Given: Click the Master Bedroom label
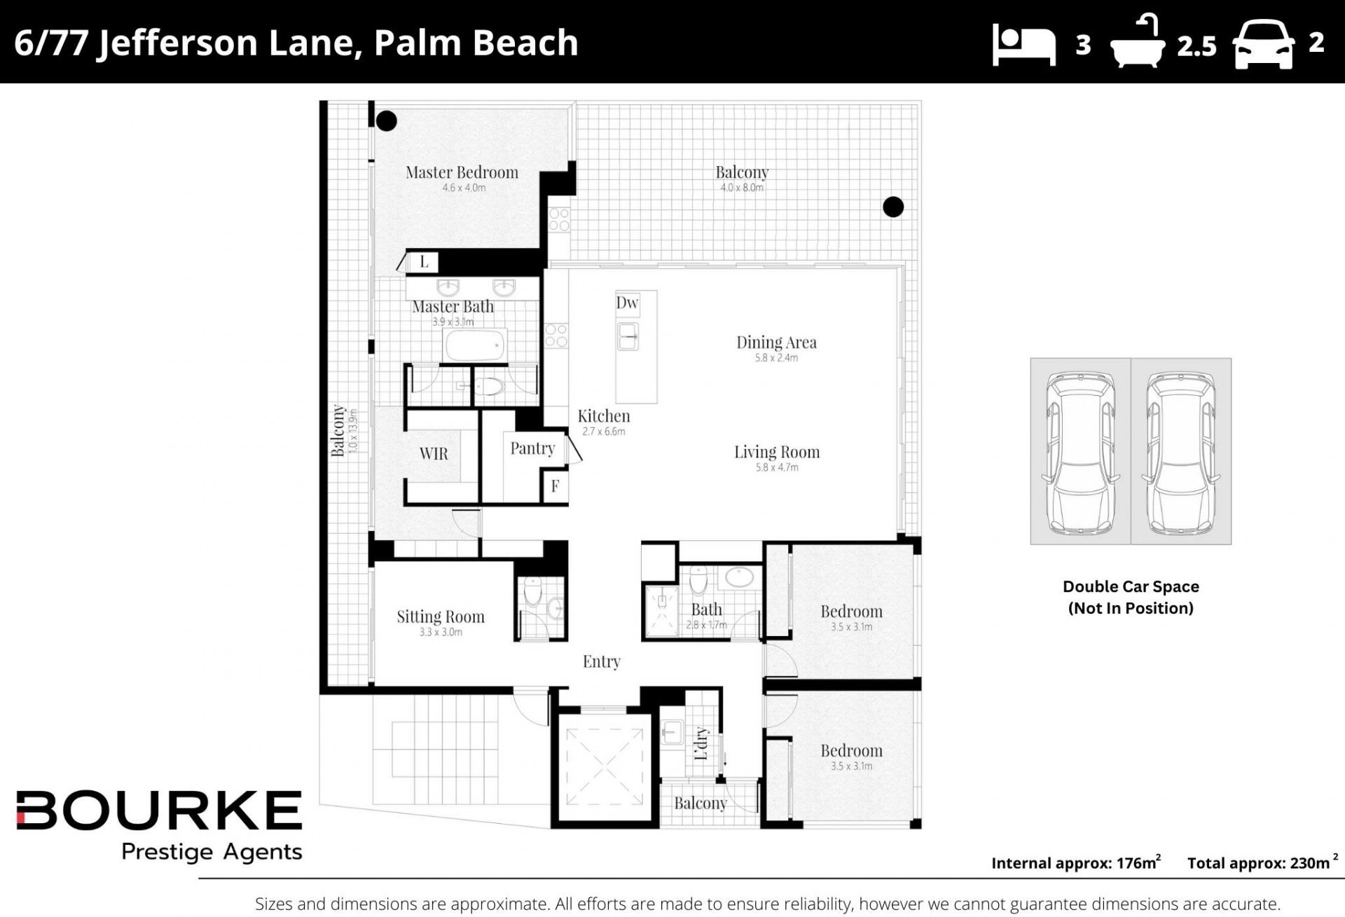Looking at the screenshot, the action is click(x=462, y=172).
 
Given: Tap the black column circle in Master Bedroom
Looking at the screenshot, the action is click(x=386, y=120).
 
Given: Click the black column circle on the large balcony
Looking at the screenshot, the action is click(x=893, y=207).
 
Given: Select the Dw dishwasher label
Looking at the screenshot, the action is click(x=627, y=303).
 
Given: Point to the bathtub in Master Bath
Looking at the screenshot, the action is click(x=475, y=345).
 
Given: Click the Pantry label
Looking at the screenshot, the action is click(x=532, y=448).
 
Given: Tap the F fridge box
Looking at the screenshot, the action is click(x=555, y=485).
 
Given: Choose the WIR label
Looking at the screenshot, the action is click(x=434, y=454).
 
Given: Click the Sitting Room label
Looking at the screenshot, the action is click(x=441, y=616).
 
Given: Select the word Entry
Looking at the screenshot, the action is click(x=602, y=661).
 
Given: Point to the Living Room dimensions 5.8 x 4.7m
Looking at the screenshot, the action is click(x=777, y=467).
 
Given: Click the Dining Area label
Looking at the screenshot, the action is click(x=776, y=342).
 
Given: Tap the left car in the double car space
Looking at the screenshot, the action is click(x=1080, y=453).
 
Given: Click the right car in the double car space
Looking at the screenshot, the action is click(x=1180, y=453).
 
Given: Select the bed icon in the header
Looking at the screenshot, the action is click(x=1023, y=45).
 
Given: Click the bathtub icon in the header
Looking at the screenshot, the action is click(x=1138, y=42).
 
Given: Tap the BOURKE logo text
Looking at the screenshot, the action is click(x=159, y=811).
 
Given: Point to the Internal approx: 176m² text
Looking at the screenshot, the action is click(x=1076, y=862).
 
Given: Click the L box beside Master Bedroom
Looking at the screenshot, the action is click(x=424, y=262).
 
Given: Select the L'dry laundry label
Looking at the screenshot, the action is click(x=701, y=744).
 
